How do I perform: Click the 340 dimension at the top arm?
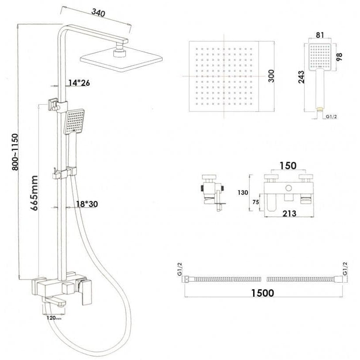tap(98, 13)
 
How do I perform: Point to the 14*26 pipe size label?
tap(79, 83)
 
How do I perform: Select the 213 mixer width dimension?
tap(289, 214)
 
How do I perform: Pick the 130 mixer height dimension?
tap(243, 192)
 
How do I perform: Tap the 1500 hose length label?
tap(262, 293)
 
